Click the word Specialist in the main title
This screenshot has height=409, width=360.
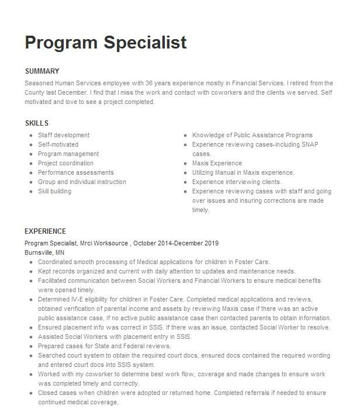pos(146,42)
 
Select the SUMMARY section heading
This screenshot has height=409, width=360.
pos(42,71)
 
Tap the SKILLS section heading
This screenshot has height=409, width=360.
pos(37,123)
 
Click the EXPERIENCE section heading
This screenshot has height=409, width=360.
pos(46,231)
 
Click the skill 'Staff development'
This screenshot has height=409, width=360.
pos(64,136)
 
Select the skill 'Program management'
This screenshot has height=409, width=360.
pos(68,154)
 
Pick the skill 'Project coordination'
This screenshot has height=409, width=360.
pos(65,164)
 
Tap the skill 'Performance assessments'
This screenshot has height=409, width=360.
pos(76,173)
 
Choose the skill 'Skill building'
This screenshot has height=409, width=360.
pos(54,192)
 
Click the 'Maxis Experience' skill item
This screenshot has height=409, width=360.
pos(217,164)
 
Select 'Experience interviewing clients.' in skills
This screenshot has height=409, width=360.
pos(236,182)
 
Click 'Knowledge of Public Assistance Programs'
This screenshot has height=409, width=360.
pos(252,136)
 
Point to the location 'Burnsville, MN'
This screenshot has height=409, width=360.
pos(44,252)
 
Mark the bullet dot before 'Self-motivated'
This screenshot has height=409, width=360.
pos(30,145)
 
